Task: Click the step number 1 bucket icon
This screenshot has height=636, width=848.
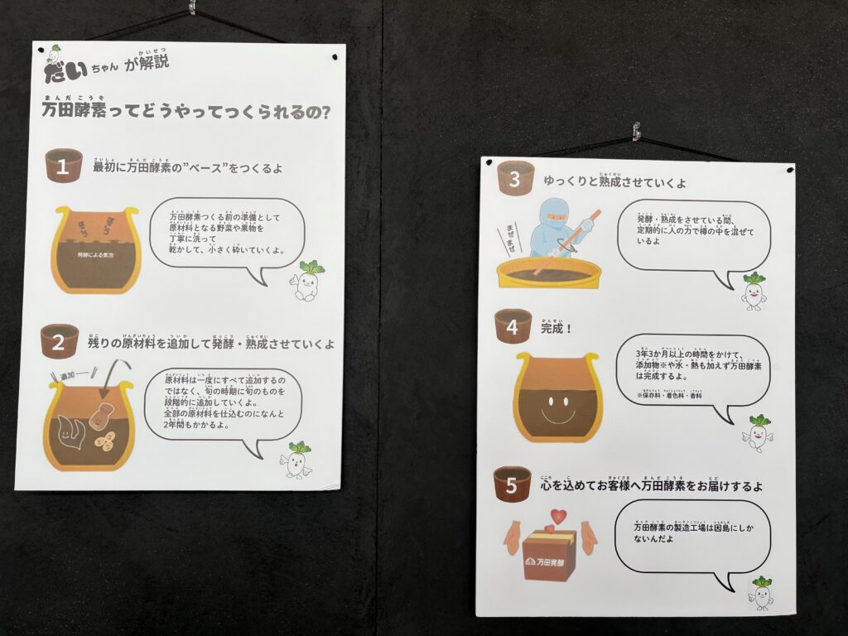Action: point(63,166)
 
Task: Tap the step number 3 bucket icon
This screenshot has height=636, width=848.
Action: point(515,178)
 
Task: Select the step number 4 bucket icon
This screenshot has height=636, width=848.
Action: point(513,327)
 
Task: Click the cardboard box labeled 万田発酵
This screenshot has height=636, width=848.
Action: point(549,556)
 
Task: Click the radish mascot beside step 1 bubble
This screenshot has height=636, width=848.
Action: point(307,282)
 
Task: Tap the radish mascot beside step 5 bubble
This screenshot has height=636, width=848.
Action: point(760,593)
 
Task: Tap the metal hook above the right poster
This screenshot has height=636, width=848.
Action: point(636,131)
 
